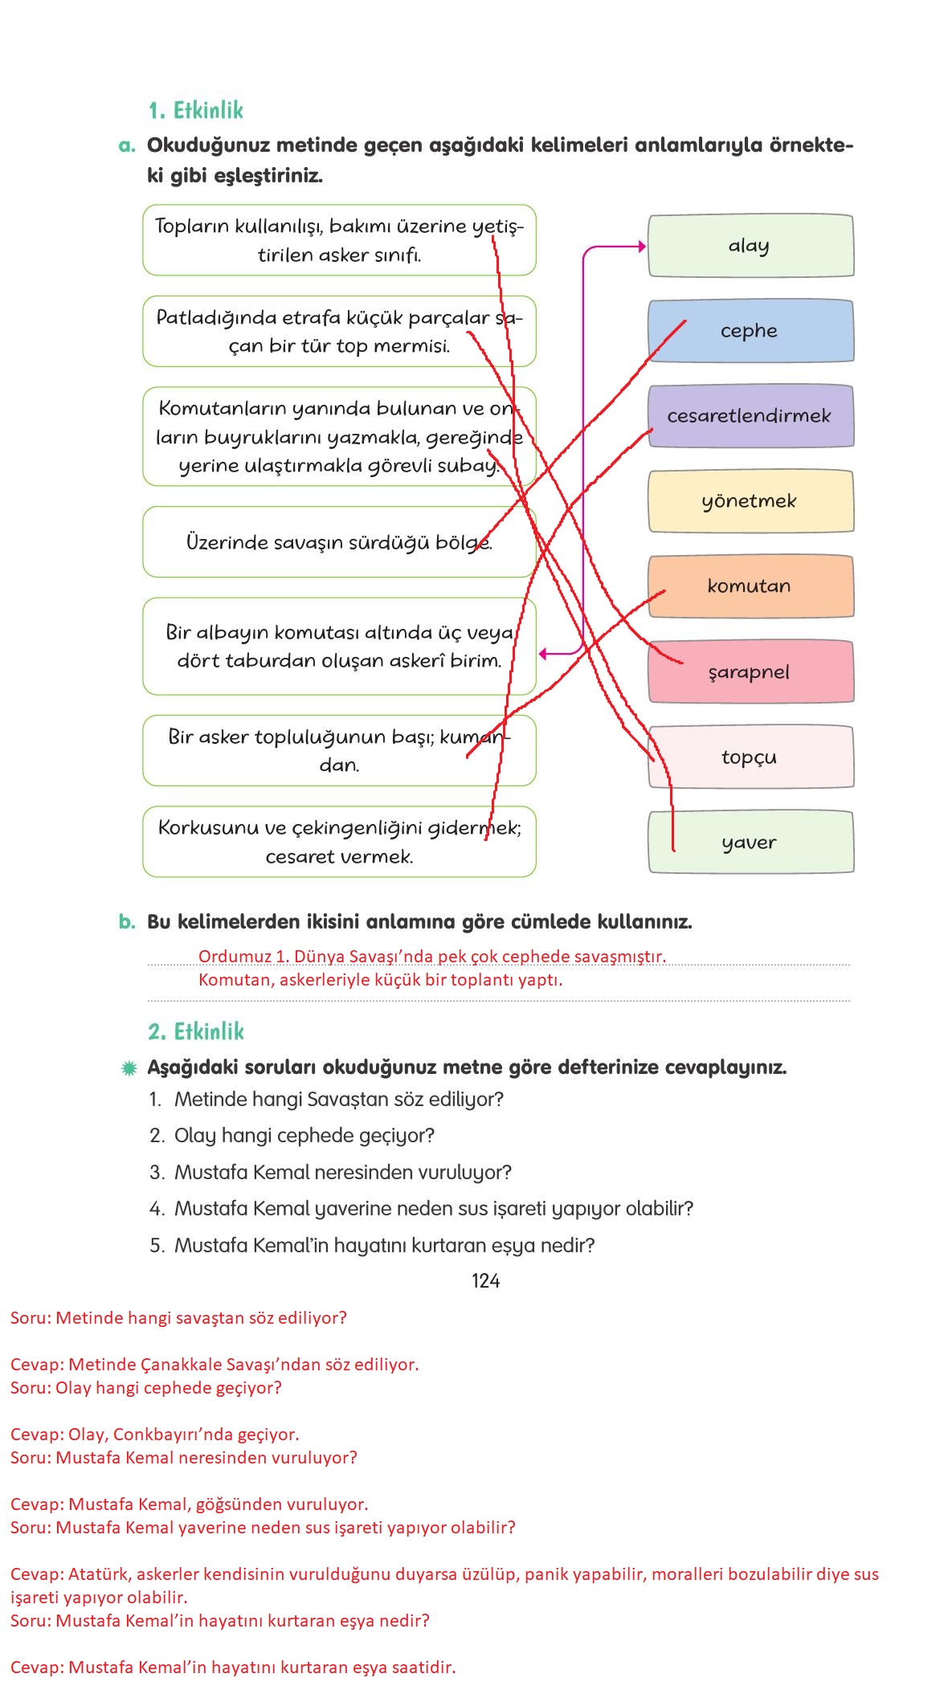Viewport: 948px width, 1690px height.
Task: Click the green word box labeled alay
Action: (750, 246)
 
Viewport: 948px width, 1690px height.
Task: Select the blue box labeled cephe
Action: (750, 331)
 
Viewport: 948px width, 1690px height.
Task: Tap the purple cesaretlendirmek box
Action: (750, 416)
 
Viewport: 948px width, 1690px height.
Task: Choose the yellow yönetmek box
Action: (750, 501)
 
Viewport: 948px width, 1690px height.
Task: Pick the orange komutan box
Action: (750, 586)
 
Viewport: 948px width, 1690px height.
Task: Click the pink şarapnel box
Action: (750, 672)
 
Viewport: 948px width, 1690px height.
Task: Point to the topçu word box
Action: (750, 757)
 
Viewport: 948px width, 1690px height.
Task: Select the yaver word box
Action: (750, 842)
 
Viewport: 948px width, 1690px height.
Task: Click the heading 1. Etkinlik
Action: (195, 110)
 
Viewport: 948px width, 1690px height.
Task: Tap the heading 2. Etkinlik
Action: (195, 1031)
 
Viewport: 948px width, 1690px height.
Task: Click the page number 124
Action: (485, 1281)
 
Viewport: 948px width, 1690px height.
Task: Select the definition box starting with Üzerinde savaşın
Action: (339, 542)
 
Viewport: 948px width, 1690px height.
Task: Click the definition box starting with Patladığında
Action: (339, 331)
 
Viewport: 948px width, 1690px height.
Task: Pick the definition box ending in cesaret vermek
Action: (339, 842)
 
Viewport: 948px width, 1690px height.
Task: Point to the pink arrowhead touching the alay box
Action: (642, 247)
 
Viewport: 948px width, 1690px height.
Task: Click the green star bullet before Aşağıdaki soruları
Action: (128, 1068)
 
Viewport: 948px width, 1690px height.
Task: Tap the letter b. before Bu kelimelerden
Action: (127, 921)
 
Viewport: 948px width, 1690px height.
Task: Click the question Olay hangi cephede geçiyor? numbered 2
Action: (304, 1136)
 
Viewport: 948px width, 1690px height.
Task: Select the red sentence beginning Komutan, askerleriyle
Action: (380, 980)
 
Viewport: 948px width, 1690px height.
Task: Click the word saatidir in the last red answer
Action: (423, 1668)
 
